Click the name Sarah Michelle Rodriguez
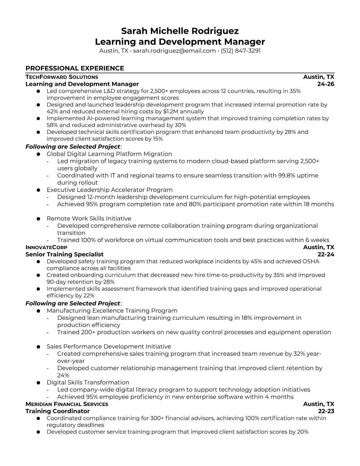click(180, 31)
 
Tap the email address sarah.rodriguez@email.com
click(174, 51)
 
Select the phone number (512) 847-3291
click(241, 51)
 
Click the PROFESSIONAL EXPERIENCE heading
click(75, 68)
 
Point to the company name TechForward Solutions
click(62, 77)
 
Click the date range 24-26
click(326, 84)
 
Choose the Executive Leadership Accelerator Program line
click(109, 190)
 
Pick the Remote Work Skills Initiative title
click(89, 219)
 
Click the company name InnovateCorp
click(46, 247)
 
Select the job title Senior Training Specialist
click(64, 254)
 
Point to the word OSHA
click(311, 261)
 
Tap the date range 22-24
click(326, 254)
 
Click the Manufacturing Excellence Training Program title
click(112, 311)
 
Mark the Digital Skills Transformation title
click(88, 382)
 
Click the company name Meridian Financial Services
click(67, 404)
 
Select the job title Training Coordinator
click(57, 411)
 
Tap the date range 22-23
click(326, 411)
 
